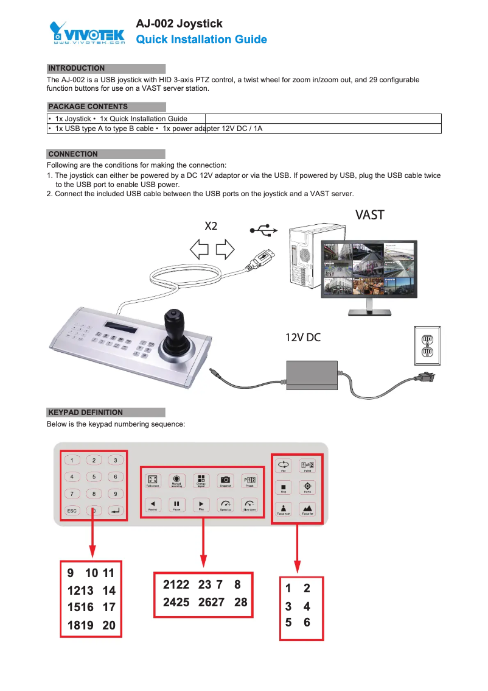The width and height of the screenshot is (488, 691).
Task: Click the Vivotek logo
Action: pos(87,33)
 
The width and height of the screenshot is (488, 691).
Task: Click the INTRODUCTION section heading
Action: pos(76,68)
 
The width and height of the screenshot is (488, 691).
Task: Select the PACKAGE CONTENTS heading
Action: pos(88,107)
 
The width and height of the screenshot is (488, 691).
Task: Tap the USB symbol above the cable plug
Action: pos(264,230)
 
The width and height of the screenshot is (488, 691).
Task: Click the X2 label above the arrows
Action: pos(211,226)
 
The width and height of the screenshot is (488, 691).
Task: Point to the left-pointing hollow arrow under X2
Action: pos(200,249)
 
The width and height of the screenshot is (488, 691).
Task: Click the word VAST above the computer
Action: pos(369,214)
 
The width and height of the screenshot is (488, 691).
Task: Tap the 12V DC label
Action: pos(303,338)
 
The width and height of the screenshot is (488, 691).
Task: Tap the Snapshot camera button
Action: pos(225,480)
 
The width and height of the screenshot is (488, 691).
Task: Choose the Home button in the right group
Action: pos(307,487)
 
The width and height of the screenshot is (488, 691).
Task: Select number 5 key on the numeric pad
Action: pos(94,477)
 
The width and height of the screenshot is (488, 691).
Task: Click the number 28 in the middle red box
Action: pos(240,602)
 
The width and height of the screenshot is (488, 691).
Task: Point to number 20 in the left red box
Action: pos(109,625)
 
